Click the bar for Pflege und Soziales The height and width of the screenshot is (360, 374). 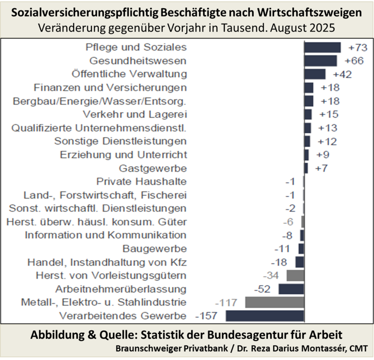point(322,47)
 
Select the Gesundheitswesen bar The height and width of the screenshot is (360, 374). point(320,61)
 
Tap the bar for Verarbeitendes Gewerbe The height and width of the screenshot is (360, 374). point(265,316)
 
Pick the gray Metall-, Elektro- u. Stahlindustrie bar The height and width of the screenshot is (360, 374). point(274,302)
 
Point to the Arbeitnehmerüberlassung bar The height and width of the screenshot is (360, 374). point(291,289)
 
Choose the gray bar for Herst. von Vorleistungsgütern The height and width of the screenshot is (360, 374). point(295,275)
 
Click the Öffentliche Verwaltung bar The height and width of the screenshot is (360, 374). point(315,74)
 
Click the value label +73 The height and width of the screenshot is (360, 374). point(357,47)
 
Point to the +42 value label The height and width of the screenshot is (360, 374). point(342,74)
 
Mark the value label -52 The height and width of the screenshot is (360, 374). point(263,289)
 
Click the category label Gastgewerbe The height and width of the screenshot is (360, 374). point(153,168)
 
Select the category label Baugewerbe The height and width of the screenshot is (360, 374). point(155,249)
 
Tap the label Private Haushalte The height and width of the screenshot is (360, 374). point(142,182)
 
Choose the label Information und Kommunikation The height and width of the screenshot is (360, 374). point(105,235)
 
